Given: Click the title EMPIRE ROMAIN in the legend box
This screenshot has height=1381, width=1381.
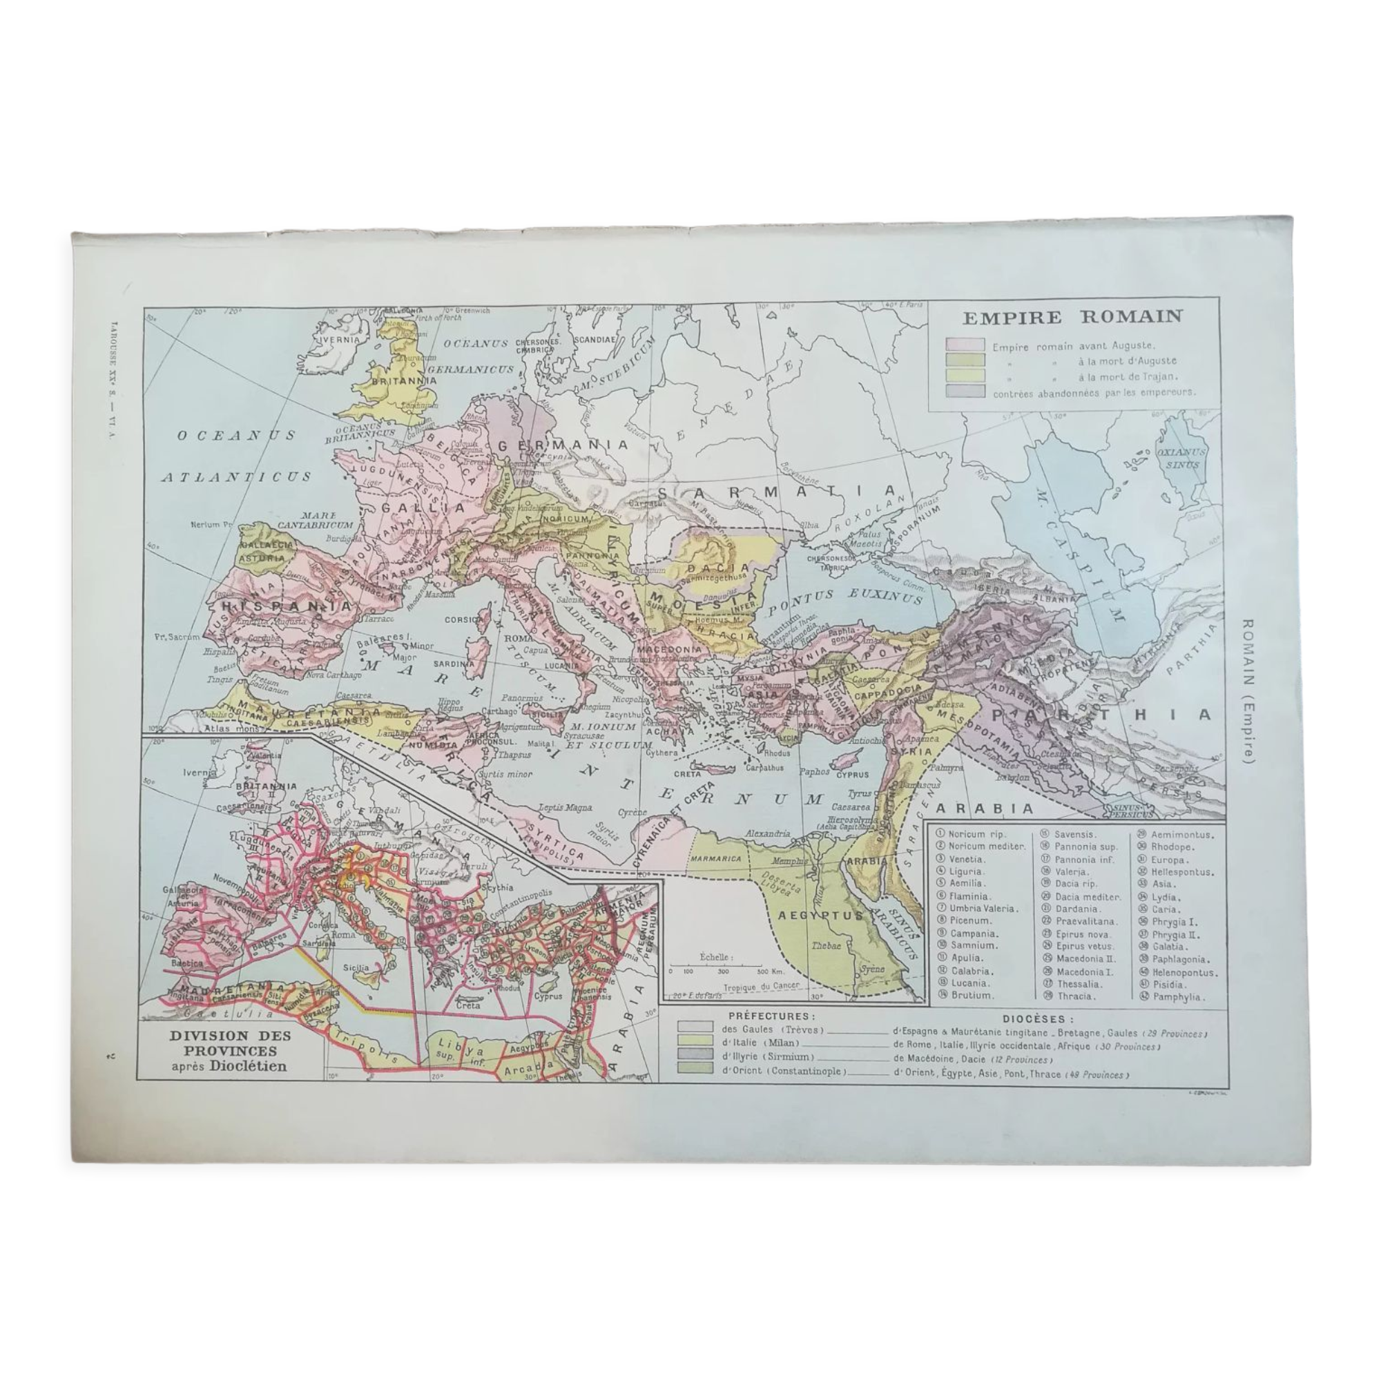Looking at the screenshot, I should tap(1072, 318).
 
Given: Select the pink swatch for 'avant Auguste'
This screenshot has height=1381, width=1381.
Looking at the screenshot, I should tap(965, 347).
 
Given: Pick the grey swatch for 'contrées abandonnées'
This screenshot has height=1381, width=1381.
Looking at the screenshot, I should tap(965, 392).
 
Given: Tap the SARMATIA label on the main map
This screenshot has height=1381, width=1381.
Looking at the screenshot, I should tap(775, 492).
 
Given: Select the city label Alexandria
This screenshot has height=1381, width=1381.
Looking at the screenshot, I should tap(768, 833).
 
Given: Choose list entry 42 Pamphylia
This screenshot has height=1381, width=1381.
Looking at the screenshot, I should tap(1172, 996).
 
